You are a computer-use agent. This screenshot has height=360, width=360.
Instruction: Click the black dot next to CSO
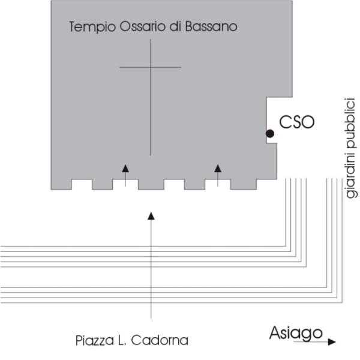point(270,133)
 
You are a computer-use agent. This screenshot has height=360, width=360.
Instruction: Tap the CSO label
point(297,122)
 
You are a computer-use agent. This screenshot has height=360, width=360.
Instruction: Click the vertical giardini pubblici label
point(350,148)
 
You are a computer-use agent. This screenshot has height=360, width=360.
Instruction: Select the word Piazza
point(92,341)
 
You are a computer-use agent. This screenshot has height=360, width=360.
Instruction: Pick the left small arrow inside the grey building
point(125,169)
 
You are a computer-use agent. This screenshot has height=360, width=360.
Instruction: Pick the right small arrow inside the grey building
point(218,168)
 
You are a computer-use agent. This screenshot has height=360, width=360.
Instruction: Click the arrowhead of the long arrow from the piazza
point(151,215)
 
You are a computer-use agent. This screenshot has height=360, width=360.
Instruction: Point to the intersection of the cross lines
point(151,67)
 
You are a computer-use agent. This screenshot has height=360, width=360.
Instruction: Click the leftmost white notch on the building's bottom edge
point(82,184)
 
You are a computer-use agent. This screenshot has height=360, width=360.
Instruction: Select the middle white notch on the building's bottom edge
point(174,184)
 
